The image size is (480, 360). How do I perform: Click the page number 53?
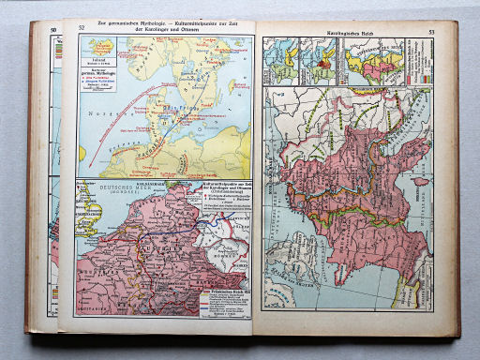pyautogui.click(x=432, y=34)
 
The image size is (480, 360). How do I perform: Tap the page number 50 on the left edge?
pyautogui.click(x=53, y=31)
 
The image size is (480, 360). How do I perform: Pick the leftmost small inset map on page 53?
pyautogui.click(x=282, y=60)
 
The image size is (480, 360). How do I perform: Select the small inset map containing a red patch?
pyautogui.click(x=322, y=60)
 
